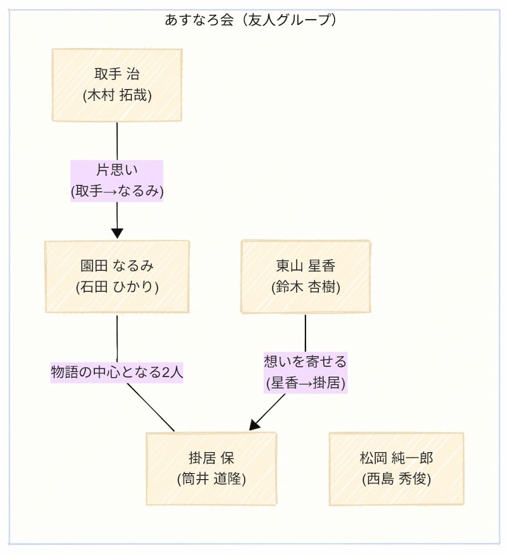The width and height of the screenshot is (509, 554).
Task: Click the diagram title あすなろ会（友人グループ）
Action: pos(250,20)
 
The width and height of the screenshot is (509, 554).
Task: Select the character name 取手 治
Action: pos(117,74)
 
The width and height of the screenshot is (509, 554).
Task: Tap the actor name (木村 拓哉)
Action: pos(117,95)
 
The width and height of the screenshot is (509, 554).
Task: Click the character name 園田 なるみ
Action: pos(117,266)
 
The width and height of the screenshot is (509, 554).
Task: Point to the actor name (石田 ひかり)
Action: pos(117,287)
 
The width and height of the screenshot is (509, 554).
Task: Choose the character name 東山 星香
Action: pos(305,266)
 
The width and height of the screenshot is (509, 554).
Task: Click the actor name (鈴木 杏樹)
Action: pos(305,287)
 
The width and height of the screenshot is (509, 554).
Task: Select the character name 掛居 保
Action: pos(211,458)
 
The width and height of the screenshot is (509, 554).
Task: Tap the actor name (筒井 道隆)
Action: pos(211,479)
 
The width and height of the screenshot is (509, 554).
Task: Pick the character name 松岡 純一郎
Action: pos(396,458)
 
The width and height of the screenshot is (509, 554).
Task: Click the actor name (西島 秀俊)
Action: pos(396,479)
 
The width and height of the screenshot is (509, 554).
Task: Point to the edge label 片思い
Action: pos(117,170)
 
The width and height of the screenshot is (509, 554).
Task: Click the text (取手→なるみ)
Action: pos(117,191)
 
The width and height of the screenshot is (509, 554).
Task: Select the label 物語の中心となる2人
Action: pos(117,372)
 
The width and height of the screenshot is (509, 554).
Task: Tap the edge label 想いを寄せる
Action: pos(305,361)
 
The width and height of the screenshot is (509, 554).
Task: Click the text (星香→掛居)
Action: pos(305,383)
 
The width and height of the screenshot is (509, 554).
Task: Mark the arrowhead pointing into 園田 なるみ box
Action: pos(117,232)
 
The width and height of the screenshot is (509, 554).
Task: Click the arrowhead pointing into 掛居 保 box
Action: pos(255,424)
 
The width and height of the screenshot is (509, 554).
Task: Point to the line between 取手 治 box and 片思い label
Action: pos(117,141)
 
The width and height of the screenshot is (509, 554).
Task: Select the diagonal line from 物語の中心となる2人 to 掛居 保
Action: pos(151,407)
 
